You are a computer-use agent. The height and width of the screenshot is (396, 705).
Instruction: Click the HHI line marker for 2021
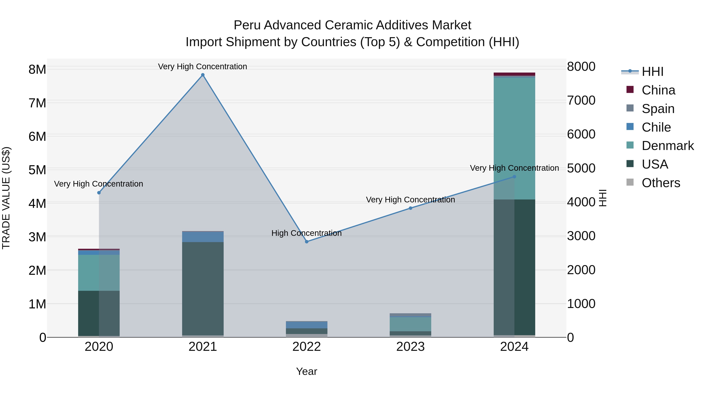click(x=203, y=75)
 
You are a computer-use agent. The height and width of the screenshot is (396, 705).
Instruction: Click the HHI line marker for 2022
click(x=306, y=242)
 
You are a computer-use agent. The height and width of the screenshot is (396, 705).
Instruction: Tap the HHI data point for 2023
click(x=410, y=208)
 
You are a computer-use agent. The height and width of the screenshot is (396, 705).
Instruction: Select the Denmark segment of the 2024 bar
click(x=514, y=137)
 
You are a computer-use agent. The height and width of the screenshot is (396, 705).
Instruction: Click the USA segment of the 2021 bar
click(x=203, y=287)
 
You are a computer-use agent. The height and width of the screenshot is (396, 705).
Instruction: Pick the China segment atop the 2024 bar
click(x=514, y=74)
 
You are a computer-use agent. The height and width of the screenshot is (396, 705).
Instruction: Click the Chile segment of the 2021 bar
click(x=203, y=237)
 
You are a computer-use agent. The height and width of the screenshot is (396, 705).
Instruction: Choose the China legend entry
click(x=658, y=90)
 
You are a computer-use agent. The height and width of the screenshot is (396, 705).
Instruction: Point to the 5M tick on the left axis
click(x=37, y=170)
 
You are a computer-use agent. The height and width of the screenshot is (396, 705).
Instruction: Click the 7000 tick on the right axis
click(x=581, y=101)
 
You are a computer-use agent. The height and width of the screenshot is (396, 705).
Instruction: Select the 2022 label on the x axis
click(x=306, y=347)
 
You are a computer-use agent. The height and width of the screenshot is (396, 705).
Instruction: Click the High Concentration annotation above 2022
click(x=306, y=233)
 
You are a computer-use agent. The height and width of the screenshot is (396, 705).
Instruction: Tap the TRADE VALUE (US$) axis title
click(x=6, y=198)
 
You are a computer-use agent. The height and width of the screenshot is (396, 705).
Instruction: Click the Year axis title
click(x=306, y=371)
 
